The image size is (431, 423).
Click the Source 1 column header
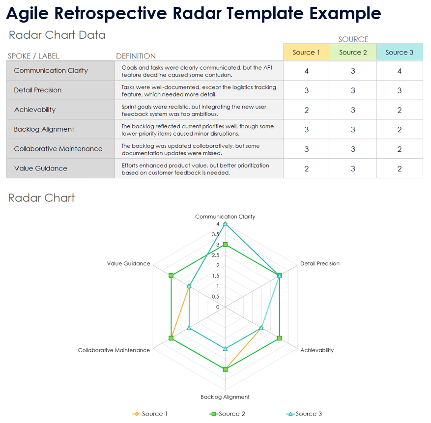306,53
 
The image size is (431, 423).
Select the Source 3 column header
399,53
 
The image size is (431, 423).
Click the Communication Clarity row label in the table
51,71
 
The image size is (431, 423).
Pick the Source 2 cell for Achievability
353,110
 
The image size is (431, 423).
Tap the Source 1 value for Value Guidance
306,169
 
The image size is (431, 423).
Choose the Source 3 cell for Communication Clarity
399,71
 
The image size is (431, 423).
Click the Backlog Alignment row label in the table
44,129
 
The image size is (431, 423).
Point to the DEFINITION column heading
136,56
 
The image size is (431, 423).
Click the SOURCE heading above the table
353,39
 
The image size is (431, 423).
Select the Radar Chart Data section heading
57,35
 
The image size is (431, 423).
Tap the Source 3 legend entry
305,414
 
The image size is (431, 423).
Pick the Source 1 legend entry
151,414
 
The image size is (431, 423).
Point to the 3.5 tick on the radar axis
215,234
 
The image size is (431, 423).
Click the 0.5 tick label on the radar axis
215,297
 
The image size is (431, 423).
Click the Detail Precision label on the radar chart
319,264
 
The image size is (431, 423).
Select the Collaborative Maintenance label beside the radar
114,350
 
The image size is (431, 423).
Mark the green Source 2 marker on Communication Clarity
225,245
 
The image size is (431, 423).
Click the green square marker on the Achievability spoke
279,338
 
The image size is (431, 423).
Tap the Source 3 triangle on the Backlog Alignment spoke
225,349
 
